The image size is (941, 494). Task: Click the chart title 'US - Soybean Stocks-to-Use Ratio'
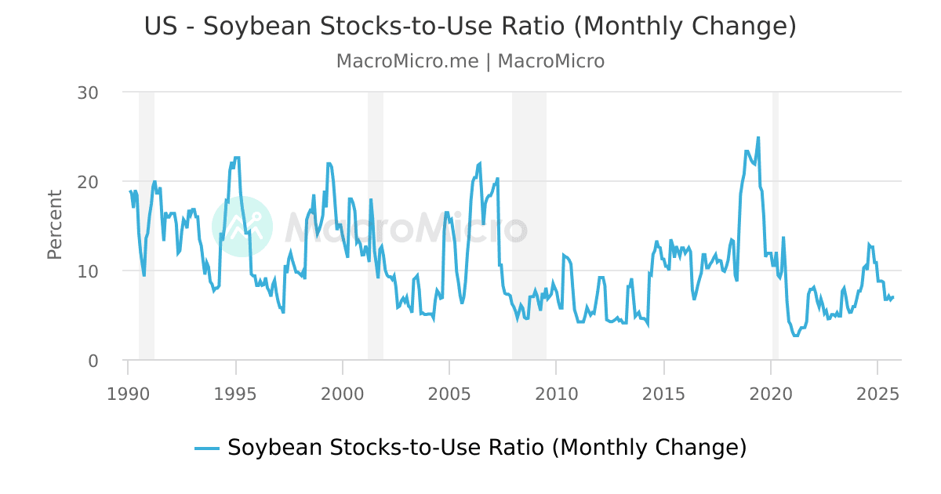pyautogui.click(x=470, y=27)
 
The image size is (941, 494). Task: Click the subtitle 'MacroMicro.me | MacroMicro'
pyautogui.click(x=470, y=61)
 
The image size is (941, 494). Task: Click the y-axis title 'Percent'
pyautogui.click(x=55, y=224)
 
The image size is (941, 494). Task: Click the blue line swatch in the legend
pyautogui.click(x=207, y=448)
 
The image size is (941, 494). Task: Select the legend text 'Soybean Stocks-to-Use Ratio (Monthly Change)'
pyautogui.click(x=486, y=448)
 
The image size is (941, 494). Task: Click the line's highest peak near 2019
pyautogui.click(x=758, y=138)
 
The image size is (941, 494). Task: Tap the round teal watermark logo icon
pyautogui.click(x=242, y=227)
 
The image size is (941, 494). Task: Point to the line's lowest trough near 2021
pyautogui.click(x=796, y=336)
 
